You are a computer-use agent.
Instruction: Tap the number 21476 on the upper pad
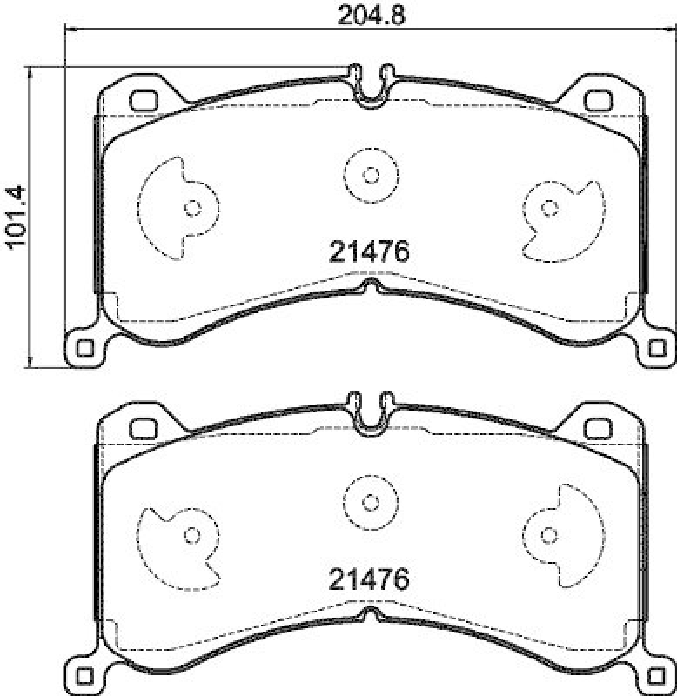tap(369, 251)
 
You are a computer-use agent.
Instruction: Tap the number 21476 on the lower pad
tap(369, 579)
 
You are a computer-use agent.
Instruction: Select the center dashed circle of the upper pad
tap(371, 175)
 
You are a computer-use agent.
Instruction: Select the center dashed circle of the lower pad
tap(371, 502)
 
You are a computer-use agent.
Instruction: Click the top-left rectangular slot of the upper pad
tap(141, 100)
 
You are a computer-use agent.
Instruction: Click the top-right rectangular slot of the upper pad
tap(597, 100)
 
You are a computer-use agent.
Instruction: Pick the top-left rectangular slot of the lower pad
tap(141, 428)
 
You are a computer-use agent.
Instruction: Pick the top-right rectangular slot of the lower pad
tap(597, 428)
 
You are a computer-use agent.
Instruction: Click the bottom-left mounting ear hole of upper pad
tap(84, 348)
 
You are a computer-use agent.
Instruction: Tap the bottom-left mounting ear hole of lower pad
tap(84, 676)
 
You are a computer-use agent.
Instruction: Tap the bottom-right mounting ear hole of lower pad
tap(657, 676)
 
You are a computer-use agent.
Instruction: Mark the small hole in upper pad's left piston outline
tap(193, 208)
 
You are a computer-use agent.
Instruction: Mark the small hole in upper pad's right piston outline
tap(549, 207)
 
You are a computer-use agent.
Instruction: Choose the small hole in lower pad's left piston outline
tap(193, 535)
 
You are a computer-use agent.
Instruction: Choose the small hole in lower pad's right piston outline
tap(549, 534)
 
